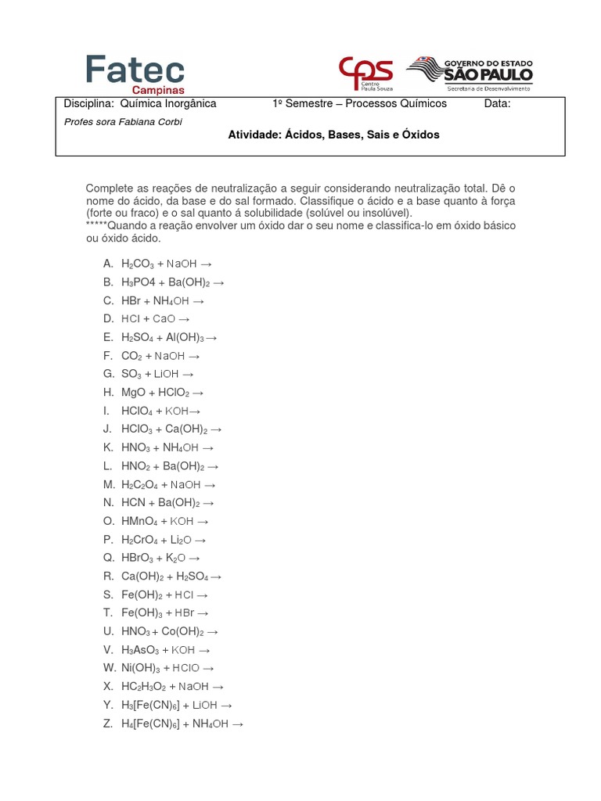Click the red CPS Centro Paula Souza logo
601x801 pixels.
coord(365,72)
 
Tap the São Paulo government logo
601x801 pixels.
coord(470,74)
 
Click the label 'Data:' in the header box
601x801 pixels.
coord(497,104)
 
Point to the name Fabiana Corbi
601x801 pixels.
coord(149,122)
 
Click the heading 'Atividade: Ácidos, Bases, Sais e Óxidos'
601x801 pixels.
coord(333,135)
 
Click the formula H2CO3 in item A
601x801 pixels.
coord(138,264)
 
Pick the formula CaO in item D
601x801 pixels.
coord(164,319)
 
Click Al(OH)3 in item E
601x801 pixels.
coord(185,337)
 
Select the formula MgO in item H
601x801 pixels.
coord(135,393)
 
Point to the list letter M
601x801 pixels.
coord(109,484)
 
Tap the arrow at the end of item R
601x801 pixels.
coord(216,577)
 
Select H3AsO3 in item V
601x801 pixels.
coord(141,650)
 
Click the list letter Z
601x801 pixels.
coord(108,724)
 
